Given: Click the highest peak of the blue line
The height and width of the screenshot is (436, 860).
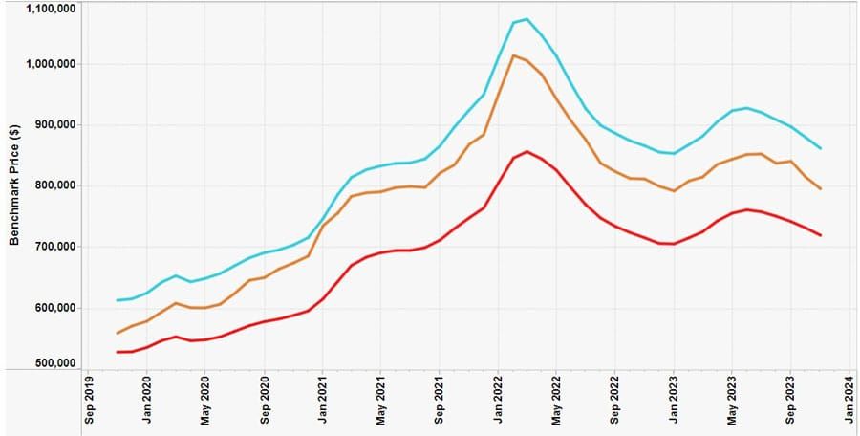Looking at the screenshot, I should (527, 19).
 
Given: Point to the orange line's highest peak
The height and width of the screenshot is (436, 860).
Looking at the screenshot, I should (513, 55).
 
